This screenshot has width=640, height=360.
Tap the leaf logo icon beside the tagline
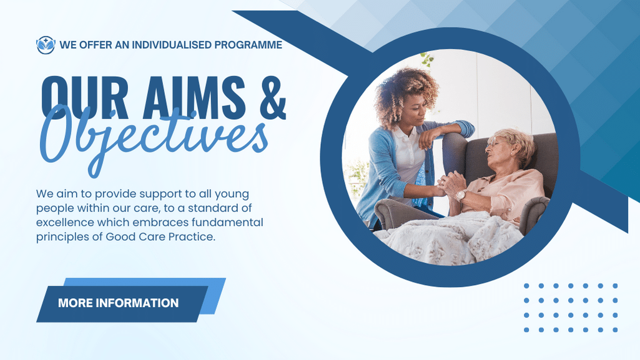point(46,45)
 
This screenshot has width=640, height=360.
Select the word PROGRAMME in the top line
point(248,45)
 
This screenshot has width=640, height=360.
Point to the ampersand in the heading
point(272,97)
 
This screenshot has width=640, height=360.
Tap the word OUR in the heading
point(84,97)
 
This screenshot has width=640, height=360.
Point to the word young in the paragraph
point(232,195)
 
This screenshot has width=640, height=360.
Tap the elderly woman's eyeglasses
point(495,142)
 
